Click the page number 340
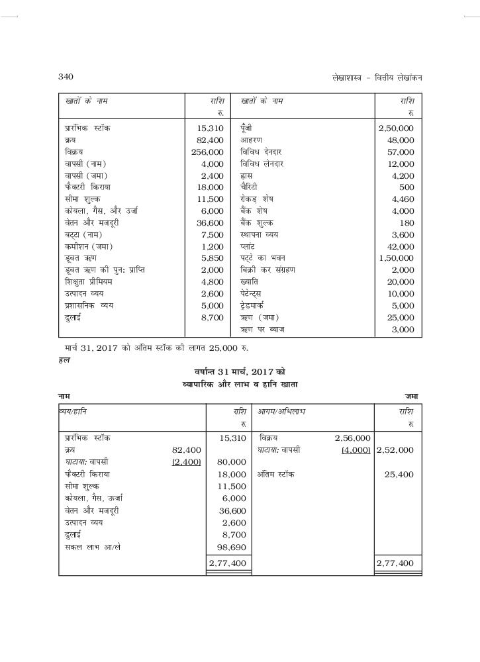(66, 77)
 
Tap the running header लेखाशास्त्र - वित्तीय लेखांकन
(377, 77)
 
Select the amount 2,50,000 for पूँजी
(396, 128)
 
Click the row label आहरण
(252, 140)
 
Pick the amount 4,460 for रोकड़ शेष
(403, 199)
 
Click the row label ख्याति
(250, 281)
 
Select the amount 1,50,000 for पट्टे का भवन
(396, 258)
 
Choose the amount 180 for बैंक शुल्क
(407, 222)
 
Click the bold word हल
(63, 360)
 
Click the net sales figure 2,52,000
(395, 450)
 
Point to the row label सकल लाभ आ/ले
(93, 547)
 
